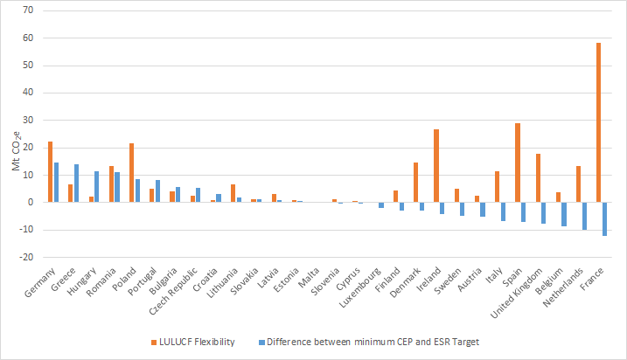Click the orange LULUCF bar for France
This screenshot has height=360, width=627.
[x=598, y=122]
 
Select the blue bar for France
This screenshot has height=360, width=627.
[x=604, y=218]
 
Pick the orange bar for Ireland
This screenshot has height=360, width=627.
[x=436, y=166]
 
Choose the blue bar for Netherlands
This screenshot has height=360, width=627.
[x=584, y=216]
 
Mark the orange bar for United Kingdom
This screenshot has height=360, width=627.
[x=538, y=178]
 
